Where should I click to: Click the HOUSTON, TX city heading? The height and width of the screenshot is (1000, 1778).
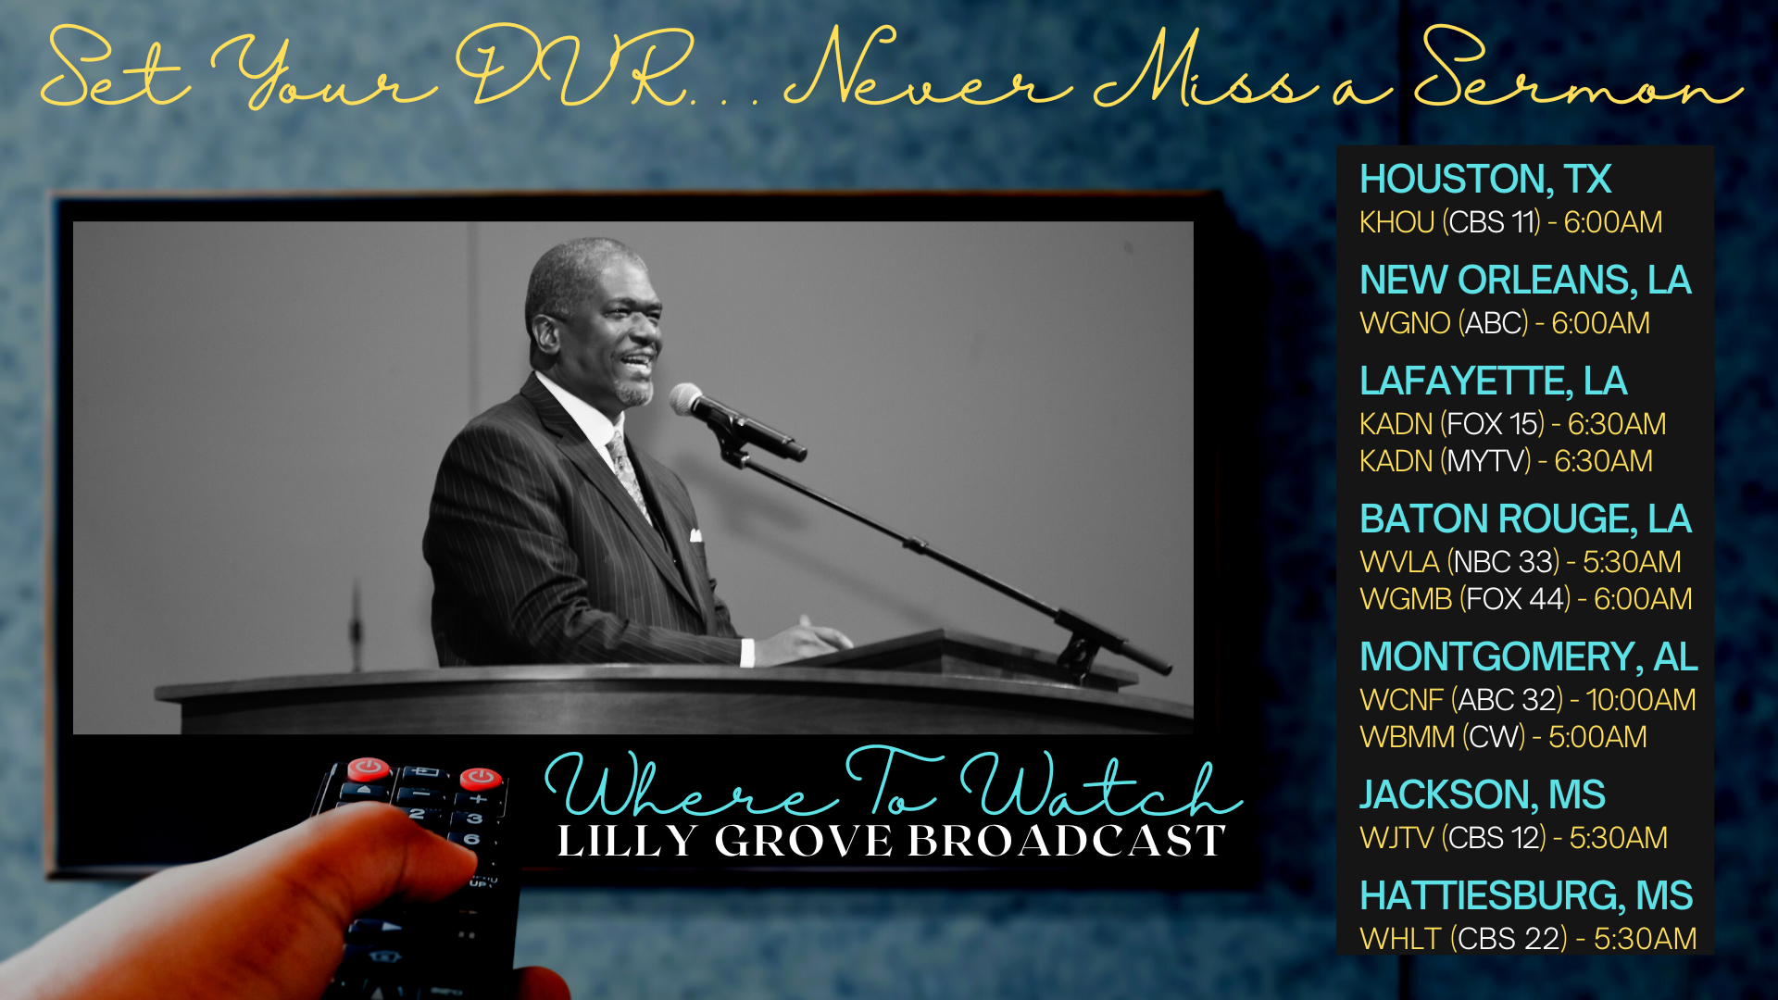1485,180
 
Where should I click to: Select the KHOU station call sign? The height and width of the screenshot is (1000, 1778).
1396,222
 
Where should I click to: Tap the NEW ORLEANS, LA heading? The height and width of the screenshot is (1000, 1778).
1525,281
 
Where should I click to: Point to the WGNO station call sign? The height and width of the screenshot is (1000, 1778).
1405,323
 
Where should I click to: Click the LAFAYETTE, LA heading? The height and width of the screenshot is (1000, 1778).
1493,381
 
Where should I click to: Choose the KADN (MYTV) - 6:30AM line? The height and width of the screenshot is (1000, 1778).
1506,461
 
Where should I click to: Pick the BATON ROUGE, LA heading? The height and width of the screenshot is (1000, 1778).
1525,519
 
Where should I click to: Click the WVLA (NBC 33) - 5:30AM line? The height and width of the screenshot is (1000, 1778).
1521,562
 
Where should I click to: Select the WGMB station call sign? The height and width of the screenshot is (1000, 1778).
1406,599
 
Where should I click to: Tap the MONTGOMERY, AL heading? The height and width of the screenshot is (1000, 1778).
1529,657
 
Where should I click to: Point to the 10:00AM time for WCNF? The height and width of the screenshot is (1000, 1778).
1641,700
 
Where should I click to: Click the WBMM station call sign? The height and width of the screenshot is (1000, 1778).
1408,737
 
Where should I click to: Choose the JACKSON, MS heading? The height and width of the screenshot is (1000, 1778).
1483,795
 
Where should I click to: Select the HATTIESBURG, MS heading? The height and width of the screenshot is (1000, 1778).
1526,896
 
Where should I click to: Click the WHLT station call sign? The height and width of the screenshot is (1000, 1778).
1401,939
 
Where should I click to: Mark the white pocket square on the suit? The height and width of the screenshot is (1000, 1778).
695,535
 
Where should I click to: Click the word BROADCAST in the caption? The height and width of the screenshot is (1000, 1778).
1067,842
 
